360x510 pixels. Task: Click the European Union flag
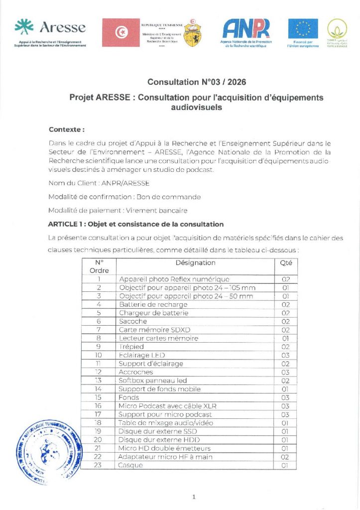[303, 28]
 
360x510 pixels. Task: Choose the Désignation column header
[195, 262]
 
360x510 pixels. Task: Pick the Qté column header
[286, 262]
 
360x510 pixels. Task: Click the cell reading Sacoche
[133, 321]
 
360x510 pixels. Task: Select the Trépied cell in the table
[131, 347]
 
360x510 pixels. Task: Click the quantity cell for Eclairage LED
[286, 355]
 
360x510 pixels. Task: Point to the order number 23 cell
[99, 465]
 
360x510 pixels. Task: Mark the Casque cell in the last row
[131, 465]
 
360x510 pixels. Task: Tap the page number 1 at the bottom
[194, 496]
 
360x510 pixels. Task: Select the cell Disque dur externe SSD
[158, 431]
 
